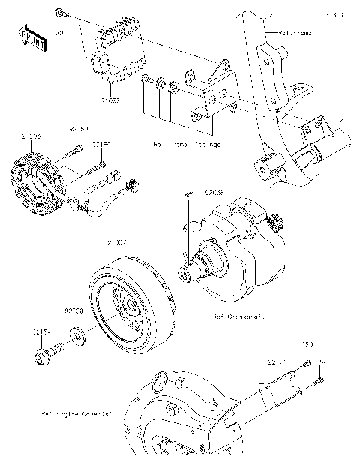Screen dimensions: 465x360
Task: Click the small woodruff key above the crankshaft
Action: click(x=189, y=195)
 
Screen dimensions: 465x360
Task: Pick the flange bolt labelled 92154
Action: click(x=46, y=351)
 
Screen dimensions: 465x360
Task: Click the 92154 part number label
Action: click(x=42, y=328)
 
